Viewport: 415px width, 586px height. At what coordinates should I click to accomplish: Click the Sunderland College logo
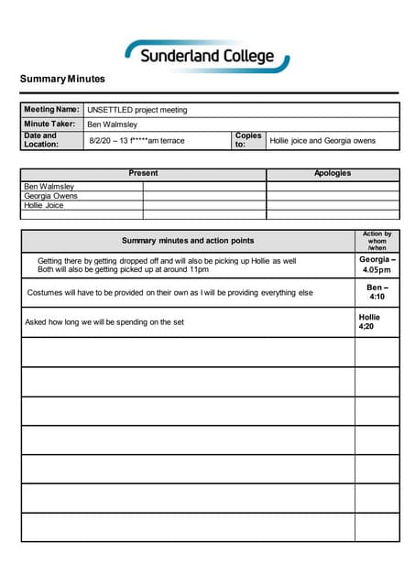tap(208, 56)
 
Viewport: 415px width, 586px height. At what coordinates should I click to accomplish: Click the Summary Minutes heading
tap(62, 80)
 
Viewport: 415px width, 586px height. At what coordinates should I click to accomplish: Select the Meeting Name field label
tap(51, 110)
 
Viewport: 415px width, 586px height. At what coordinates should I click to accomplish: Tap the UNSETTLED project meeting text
tap(137, 110)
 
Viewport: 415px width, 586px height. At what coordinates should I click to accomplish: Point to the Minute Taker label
tap(49, 125)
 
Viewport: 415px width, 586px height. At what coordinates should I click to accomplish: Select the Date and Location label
tap(40, 140)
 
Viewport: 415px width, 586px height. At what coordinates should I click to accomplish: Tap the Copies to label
tap(247, 140)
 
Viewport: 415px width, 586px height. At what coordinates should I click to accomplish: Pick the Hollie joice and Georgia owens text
tap(323, 141)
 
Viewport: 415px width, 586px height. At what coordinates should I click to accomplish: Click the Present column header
tap(143, 173)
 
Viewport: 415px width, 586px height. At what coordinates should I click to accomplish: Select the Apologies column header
tap(333, 173)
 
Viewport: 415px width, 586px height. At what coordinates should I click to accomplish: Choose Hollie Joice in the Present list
tap(44, 205)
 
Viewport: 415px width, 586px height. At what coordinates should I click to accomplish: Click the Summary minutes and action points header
tap(188, 241)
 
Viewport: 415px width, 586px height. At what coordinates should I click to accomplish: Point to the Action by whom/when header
tap(377, 241)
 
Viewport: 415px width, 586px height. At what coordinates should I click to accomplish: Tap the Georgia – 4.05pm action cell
tap(377, 265)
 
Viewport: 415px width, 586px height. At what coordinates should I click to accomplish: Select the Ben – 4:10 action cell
tap(377, 292)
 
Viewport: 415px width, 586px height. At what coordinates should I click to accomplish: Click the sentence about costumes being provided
tap(170, 293)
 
